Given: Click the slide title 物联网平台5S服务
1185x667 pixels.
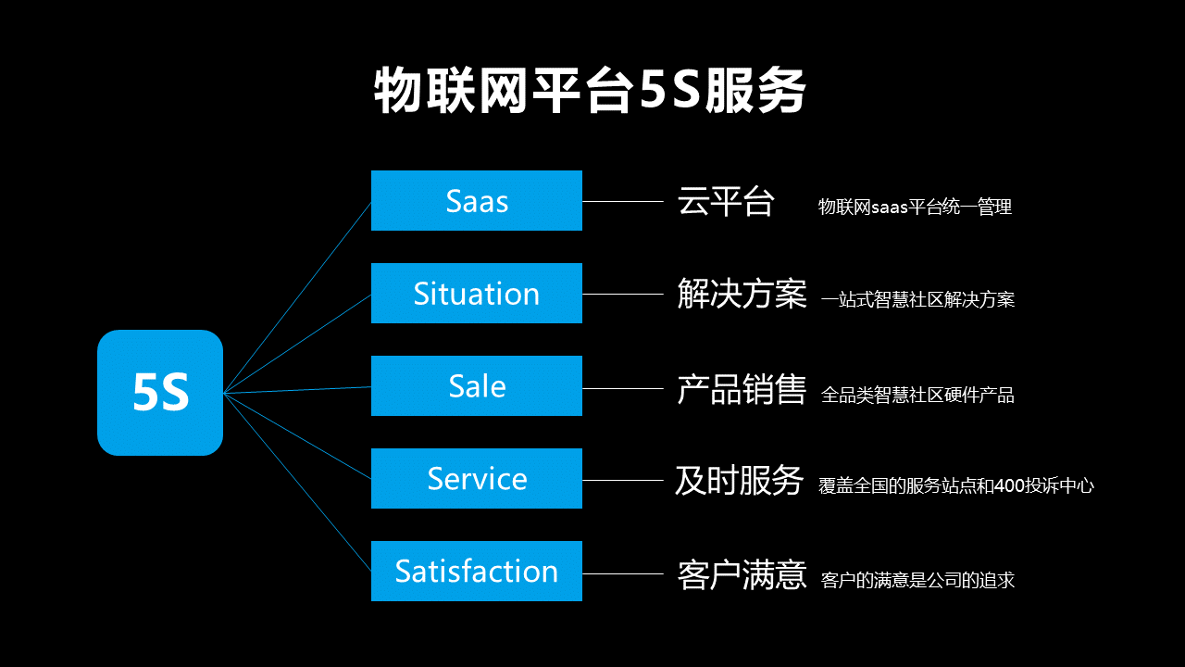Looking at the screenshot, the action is point(590,90).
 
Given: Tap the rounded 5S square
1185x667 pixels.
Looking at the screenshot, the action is point(160,393).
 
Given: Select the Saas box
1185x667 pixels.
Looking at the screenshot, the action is point(477,201).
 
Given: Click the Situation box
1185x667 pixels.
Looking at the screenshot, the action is point(477,294).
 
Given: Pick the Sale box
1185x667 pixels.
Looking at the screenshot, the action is point(477,386).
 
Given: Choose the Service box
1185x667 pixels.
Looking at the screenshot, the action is point(477,479).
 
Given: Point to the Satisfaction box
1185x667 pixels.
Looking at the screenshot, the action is point(477,572).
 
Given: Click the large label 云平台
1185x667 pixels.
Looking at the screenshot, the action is point(726,201).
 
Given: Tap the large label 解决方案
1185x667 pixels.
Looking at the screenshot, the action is point(742,294).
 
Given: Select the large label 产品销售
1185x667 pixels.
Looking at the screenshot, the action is point(742,389).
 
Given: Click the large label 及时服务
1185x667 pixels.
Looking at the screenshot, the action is point(740,481).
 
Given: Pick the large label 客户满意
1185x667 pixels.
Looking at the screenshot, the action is point(742,575).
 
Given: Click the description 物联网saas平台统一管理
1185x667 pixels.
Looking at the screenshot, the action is point(916,207).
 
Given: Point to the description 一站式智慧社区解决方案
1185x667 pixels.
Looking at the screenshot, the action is point(917,299).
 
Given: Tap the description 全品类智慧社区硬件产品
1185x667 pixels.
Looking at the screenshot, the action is point(917,395).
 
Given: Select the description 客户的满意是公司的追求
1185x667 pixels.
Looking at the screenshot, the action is point(917,580).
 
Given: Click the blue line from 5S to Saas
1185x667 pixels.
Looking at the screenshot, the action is point(297,297).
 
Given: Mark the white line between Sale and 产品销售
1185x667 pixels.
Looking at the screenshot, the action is point(623,388).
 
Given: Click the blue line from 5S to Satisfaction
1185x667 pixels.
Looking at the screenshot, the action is point(297,483).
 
